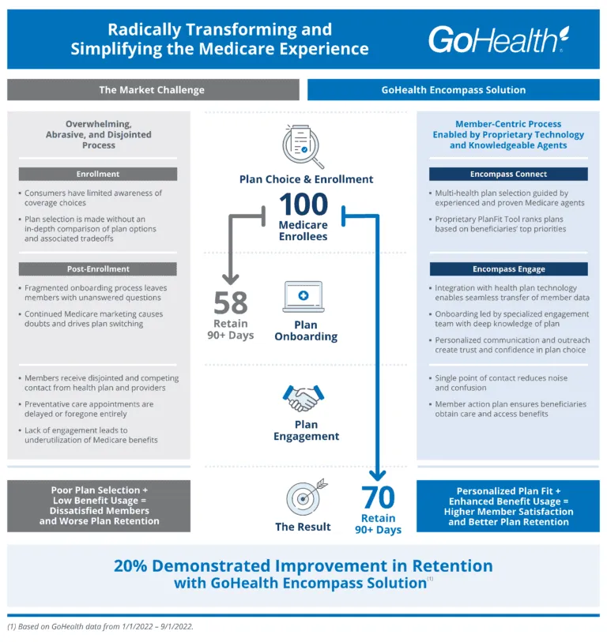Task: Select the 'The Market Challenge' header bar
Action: click(x=153, y=90)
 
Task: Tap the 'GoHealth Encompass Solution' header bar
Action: click(x=453, y=90)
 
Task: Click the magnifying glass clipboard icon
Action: click(x=305, y=147)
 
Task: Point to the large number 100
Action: click(x=306, y=205)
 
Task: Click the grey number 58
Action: click(x=230, y=303)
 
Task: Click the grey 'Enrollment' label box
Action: click(x=98, y=174)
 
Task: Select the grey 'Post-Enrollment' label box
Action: click(x=98, y=268)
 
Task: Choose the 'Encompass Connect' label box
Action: click(x=508, y=174)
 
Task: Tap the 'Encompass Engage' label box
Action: click(x=508, y=268)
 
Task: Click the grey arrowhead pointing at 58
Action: click(x=230, y=278)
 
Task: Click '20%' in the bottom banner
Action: click(x=139, y=566)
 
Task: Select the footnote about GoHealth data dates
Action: click(x=100, y=626)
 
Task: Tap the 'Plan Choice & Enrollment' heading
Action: click(x=306, y=179)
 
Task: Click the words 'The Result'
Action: click(x=303, y=527)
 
